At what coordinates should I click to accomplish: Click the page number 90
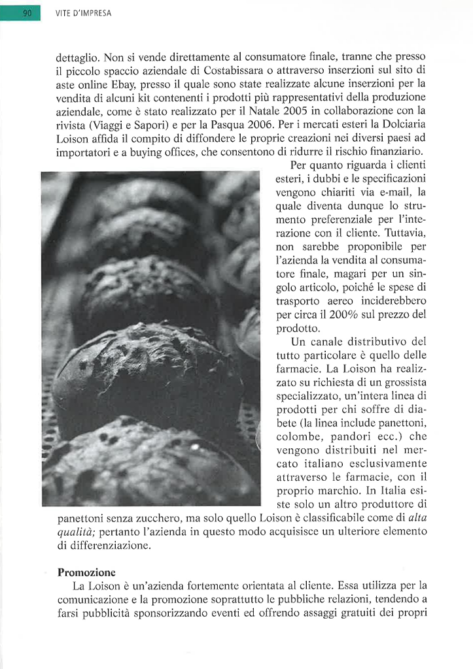click(27, 12)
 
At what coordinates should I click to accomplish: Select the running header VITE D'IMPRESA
click(83, 13)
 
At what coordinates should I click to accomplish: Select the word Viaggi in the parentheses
click(110, 125)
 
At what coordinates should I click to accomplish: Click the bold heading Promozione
click(86, 572)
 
